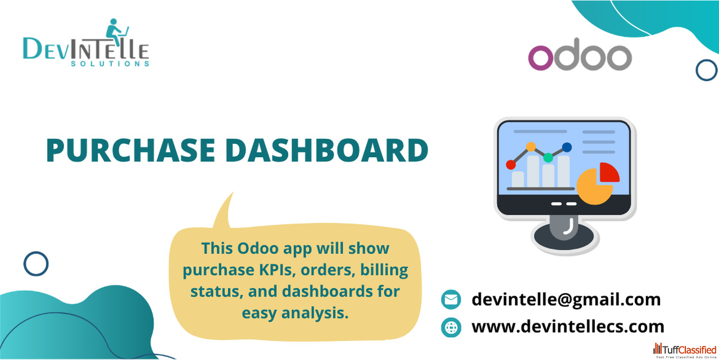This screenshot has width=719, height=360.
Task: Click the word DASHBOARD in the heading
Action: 327,150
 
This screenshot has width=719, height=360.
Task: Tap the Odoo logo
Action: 580,54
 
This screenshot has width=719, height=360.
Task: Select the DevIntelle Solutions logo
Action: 86,43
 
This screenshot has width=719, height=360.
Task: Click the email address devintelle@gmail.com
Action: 566,299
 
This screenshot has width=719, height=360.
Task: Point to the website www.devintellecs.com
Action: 568,326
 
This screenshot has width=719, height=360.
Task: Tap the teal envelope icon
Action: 451,299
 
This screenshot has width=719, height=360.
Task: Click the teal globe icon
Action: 451,327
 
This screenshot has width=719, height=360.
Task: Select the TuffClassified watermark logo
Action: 685,350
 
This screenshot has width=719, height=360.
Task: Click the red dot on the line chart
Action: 511,165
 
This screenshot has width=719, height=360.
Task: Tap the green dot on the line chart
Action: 548,158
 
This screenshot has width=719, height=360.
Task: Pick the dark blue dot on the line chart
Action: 567,147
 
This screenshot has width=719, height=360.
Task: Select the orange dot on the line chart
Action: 531,147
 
